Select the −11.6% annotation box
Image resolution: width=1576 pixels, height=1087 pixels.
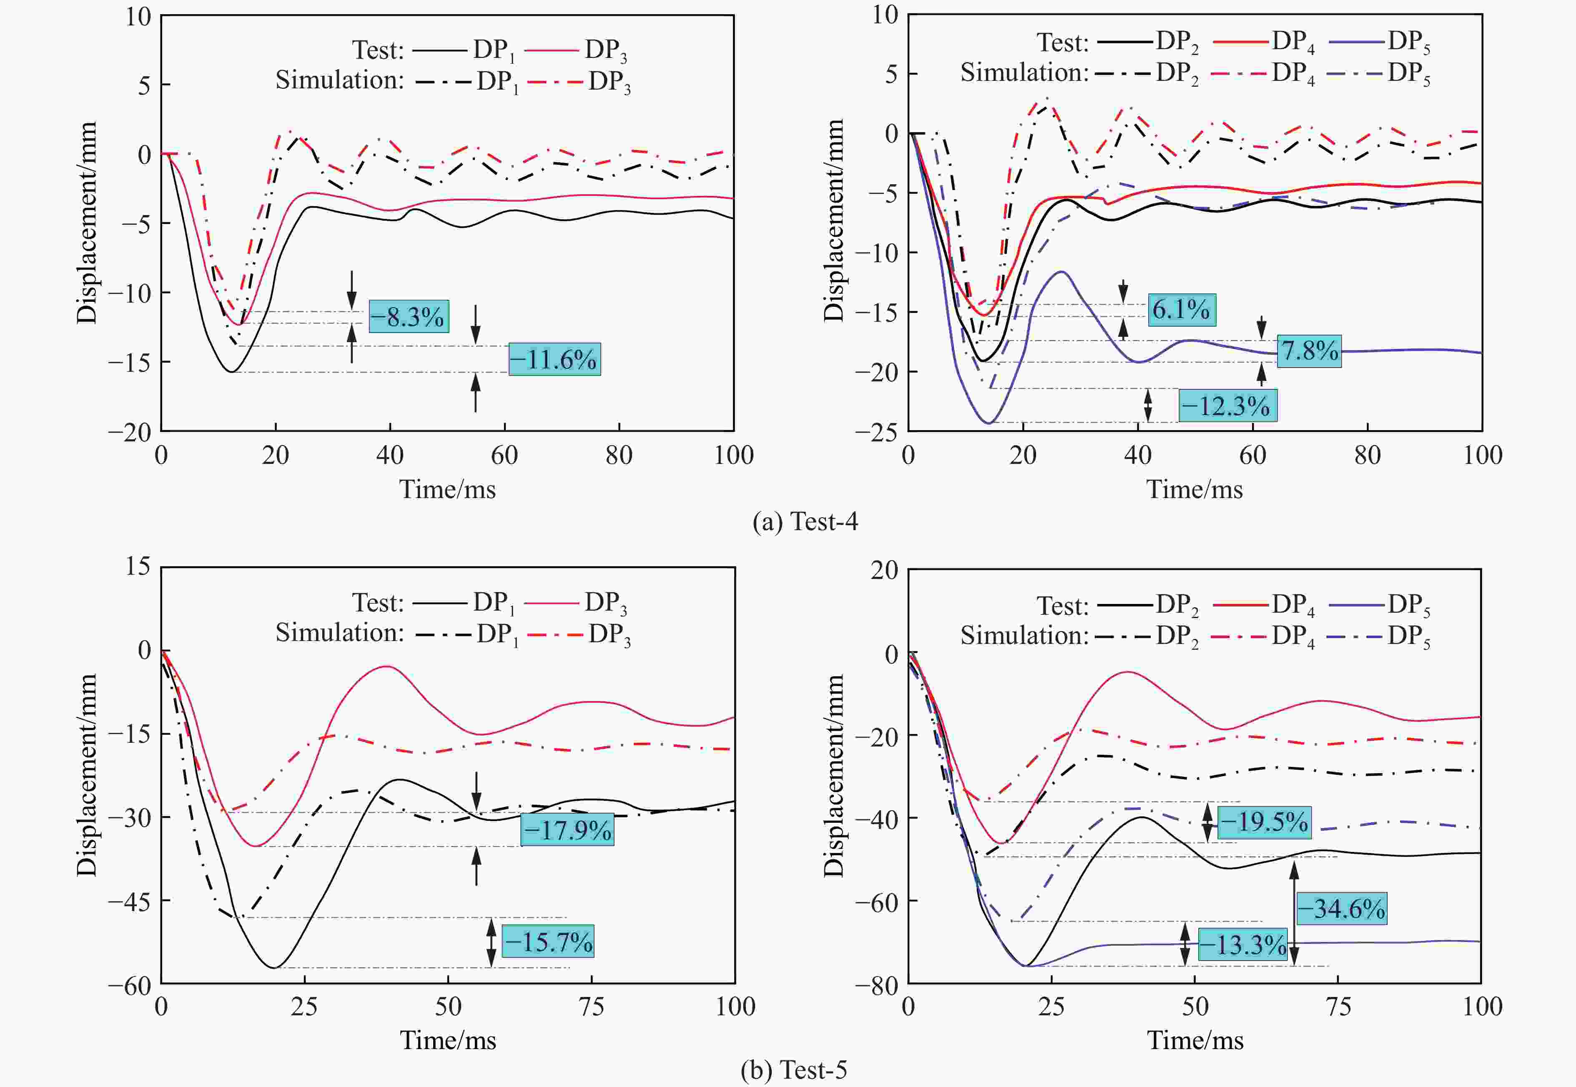click(x=555, y=359)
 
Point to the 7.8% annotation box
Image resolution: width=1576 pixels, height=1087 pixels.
click(x=1309, y=351)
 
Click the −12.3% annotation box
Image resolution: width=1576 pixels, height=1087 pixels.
click(x=1228, y=406)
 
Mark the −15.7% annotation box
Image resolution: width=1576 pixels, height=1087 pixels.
click(x=548, y=941)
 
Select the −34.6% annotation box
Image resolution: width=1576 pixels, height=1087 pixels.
click(x=1341, y=909)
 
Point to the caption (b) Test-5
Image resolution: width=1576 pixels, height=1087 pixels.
click(x=794, y=1070)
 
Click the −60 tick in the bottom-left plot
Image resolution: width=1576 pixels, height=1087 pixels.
click(x=130, y=985)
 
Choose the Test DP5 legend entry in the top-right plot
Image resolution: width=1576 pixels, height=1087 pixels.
click(x=1380, y=42)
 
